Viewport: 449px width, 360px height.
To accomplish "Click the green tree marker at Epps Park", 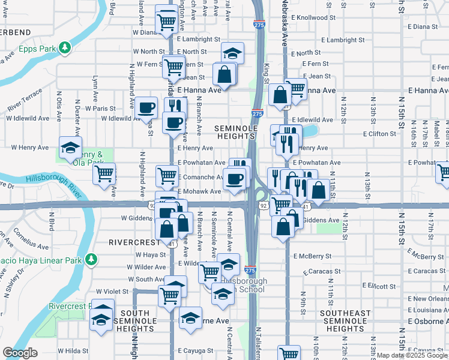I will pyautogui.click(x=64, y=48).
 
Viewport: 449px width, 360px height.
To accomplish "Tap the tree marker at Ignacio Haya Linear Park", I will pyautogui.click(x=91, y=260).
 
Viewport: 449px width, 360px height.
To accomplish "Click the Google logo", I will pyautogui.click(x=20, y=353).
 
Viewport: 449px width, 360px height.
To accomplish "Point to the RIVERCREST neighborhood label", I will pyautogui.click(x=133, y=242).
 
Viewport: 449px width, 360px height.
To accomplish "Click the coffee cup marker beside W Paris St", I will pyautogui.click(x=146, y=108).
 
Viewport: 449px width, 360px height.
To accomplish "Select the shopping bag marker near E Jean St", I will pyautogui.click(x=224, y=74).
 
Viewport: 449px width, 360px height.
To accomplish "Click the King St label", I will pyautogui.click(x=266, y=68).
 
